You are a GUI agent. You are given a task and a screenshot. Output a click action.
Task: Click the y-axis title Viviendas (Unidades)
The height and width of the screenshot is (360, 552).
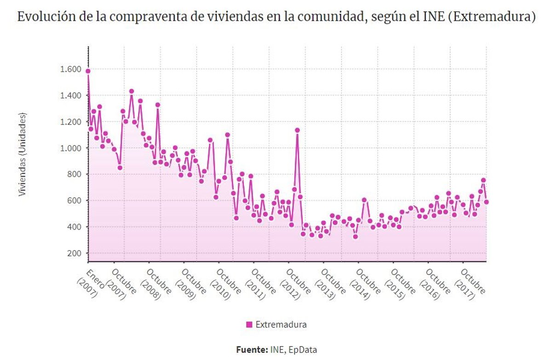(x=22, y=154)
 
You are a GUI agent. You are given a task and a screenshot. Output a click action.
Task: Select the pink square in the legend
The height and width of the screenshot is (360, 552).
(x=249, y=325)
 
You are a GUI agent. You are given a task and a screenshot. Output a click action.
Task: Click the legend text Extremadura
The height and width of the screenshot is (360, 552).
(x=281, y=325)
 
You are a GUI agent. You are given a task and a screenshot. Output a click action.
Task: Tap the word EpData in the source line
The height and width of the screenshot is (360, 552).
(x=303, y=349)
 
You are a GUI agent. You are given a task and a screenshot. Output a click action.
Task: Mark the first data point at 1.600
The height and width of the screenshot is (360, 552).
(x=88, y=71)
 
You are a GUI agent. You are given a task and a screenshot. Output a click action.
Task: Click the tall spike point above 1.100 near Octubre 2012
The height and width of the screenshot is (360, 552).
(x=298, y=130)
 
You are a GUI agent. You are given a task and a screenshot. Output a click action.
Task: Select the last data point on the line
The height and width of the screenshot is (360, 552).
(x=486, y=202)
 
